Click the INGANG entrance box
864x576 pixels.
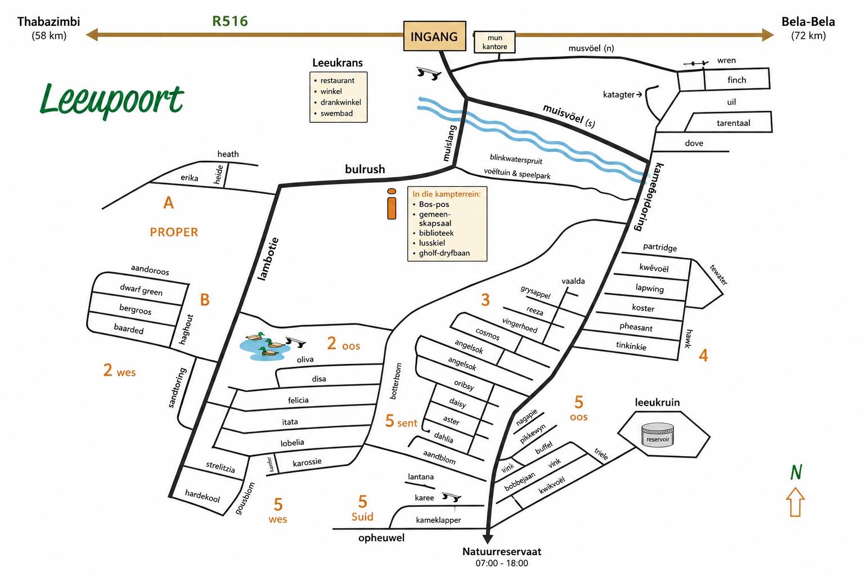coord(435,36)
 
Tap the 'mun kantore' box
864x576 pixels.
coord(494,42)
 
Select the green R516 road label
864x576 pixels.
coord(230,21)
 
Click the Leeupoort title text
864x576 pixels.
coord(112,100)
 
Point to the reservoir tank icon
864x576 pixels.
coord(658,435)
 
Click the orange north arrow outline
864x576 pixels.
coord(795,502)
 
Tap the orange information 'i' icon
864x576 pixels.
coord(391,204)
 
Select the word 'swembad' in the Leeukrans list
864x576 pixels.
coord(336,114)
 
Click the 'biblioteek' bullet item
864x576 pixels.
coord(436,233)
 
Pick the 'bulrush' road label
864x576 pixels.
coord(365,169)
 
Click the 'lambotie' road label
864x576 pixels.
coord(268,259)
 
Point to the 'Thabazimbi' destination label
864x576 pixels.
coord(48,21)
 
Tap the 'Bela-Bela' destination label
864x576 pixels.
coord(808,21)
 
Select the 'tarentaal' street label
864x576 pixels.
coord(733,123)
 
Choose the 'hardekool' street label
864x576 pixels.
coord(202,496)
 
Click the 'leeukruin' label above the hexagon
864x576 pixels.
coord(657,402)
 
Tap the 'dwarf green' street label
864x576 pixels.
coord(141,289)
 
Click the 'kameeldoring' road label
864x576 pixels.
coord(649,197)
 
